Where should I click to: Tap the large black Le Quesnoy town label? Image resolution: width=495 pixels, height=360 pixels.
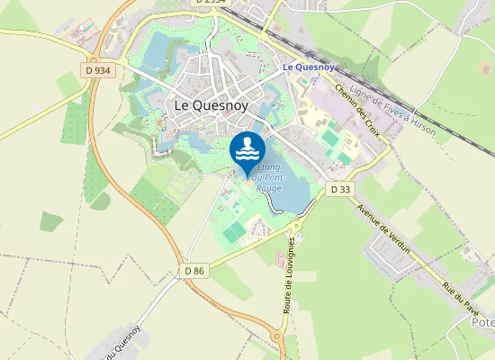[x=207, y=105]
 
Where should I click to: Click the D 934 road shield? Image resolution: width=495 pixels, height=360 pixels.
[x=98, y=69]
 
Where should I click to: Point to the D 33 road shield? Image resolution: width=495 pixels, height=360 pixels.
[x=339, y=189]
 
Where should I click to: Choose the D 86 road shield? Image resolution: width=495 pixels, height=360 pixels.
[x=194, y=270]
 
